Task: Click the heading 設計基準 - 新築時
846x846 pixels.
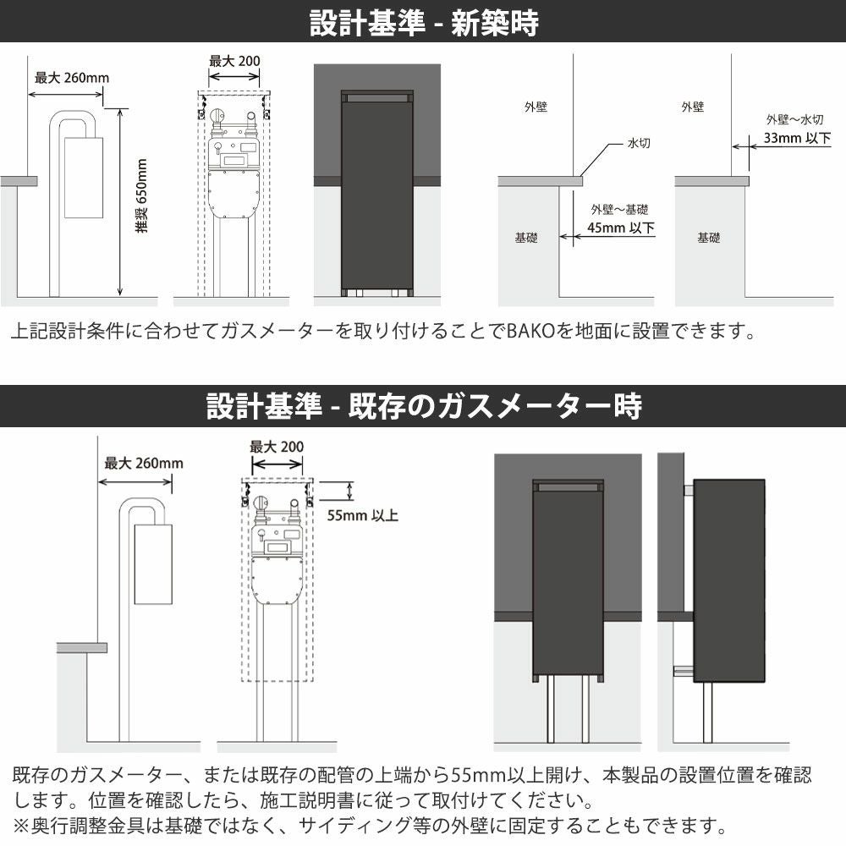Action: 424,23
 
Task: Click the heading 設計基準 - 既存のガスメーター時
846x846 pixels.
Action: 424,406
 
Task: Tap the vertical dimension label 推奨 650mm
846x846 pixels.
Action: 141,196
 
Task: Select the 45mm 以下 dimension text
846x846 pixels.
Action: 620,228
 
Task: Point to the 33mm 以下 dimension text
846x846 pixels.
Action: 797,138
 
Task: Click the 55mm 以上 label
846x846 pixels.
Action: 363,516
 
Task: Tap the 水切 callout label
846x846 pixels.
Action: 639,143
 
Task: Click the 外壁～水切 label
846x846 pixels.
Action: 794,119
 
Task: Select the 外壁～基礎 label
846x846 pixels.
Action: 619,209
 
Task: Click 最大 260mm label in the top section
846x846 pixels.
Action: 72,78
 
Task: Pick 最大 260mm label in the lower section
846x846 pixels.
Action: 144,463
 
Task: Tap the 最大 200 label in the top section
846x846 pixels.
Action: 234,61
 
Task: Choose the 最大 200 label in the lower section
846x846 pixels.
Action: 277,447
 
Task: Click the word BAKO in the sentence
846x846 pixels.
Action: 531,331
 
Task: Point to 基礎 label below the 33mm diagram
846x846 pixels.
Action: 708,238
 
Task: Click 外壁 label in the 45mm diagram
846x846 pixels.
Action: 536,107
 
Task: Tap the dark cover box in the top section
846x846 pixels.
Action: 377,192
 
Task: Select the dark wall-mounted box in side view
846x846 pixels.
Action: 729,580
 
